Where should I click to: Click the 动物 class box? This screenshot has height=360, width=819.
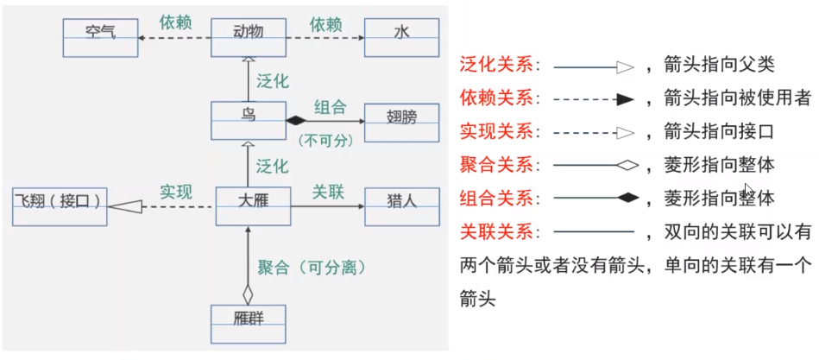[x=249, y=37]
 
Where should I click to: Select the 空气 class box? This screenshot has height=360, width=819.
[x=100, y=37]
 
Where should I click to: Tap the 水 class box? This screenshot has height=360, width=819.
[x=401, y=37]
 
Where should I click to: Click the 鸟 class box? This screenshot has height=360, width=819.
[x=249, y=120]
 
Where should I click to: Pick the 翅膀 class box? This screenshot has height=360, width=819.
[x=401, y=120]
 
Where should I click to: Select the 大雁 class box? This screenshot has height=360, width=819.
[x=251, y=206]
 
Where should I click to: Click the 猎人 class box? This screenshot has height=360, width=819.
[x=401, y=206]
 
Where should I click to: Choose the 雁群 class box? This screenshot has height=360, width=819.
[x=249, y=323]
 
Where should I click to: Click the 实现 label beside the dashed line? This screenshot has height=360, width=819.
[x=175, y=192]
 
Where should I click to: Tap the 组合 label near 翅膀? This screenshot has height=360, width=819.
[x=330, y=107]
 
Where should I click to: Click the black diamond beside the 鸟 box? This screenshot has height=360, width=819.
[x=297, y=120]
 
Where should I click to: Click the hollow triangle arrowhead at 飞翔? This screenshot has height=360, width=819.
[x=125, y=206]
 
